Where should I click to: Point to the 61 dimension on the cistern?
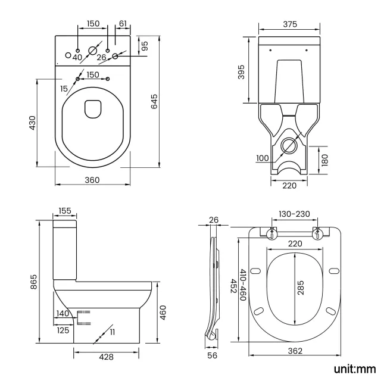(123, 23)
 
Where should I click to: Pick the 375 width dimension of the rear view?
(291, 24)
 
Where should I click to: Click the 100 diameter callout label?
(263, 158)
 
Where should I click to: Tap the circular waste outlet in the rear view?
(289, 145)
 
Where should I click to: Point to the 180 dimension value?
(325, 160)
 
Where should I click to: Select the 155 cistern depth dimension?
(65, 211)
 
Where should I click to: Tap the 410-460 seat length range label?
(243, 285)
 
